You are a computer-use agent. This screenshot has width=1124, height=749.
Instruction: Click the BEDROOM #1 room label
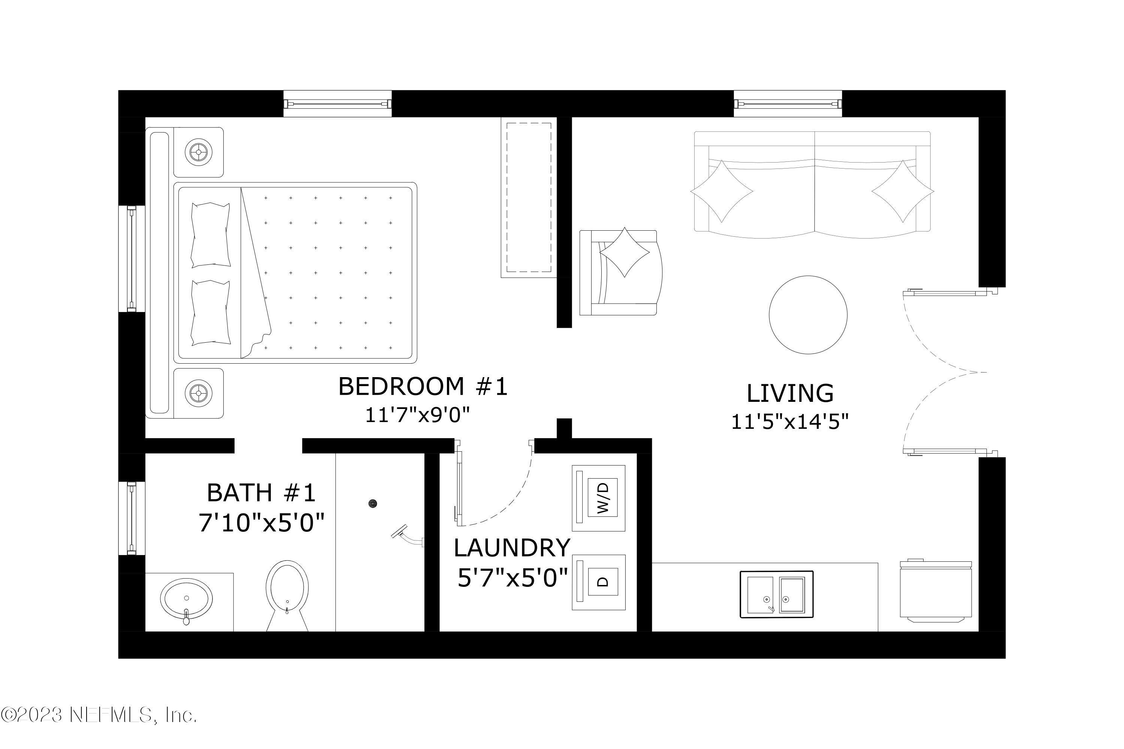pos(423,386)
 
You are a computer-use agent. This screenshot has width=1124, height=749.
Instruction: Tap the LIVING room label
pos(790,394)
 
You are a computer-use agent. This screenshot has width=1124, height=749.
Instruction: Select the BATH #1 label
pos(262,492)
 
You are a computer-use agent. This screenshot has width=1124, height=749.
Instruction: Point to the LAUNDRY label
pos(512,548)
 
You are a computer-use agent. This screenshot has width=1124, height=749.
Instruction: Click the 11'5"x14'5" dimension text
pos(790,422)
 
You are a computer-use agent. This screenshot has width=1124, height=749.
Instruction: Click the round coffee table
pos(808,315)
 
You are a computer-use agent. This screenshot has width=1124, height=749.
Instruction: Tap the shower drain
pos(373,503)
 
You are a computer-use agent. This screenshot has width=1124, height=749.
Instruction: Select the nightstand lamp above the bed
pos(198,153)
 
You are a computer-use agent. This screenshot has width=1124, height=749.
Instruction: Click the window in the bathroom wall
pos(132,518)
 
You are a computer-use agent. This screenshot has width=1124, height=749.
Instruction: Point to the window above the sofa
pos(788,104)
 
